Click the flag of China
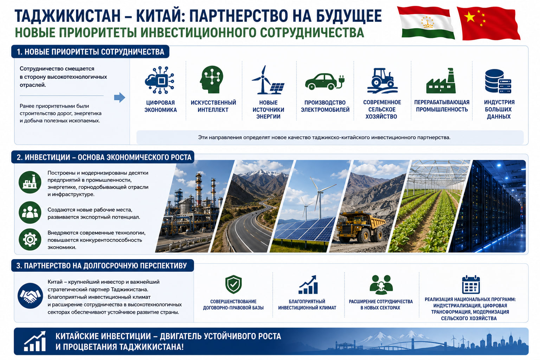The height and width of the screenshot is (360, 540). pyautogui.click(x=488, y=23)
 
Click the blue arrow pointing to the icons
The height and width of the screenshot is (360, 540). pyautogui.click(x=120, y=97)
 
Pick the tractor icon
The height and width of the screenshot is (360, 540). pyautogui.click(x=382, y=81)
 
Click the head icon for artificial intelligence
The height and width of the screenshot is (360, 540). pyautogui.click(x=211, y=79)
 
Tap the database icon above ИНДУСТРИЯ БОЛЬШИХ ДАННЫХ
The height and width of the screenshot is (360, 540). pyautogui.click(x=498, y=81)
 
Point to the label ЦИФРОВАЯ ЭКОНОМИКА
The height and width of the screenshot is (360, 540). pyautogui.click(x=161, y=106)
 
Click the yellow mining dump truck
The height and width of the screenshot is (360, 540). pyautogui.click(x=360, y=227)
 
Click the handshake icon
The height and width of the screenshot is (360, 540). pyautogui.click(x=30, y=296)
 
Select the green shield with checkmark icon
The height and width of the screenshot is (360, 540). pyautogui.click(x=233, y=284)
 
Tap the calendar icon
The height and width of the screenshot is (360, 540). pyautogui.click(x=471, y=284)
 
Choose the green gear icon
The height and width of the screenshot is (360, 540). pyautogui.click(x=30, y=239)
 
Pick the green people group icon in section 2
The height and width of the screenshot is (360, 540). pyautogui.click(x=30, y=212)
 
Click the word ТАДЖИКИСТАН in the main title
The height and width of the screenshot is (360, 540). pyautogui.click(x=67, y=16)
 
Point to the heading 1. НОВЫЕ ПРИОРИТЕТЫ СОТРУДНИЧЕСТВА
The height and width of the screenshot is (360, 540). pyautogui.click(x=90, y=52)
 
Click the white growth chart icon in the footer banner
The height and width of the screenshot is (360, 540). pyautogui.click(x=35, y=341)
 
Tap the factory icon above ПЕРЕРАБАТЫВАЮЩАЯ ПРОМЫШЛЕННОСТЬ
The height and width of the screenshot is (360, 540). pyautogui.click(x=441, y=81)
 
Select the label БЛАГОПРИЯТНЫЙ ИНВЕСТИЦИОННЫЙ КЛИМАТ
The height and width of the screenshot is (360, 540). pyautogui.click(x=307, y=304)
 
